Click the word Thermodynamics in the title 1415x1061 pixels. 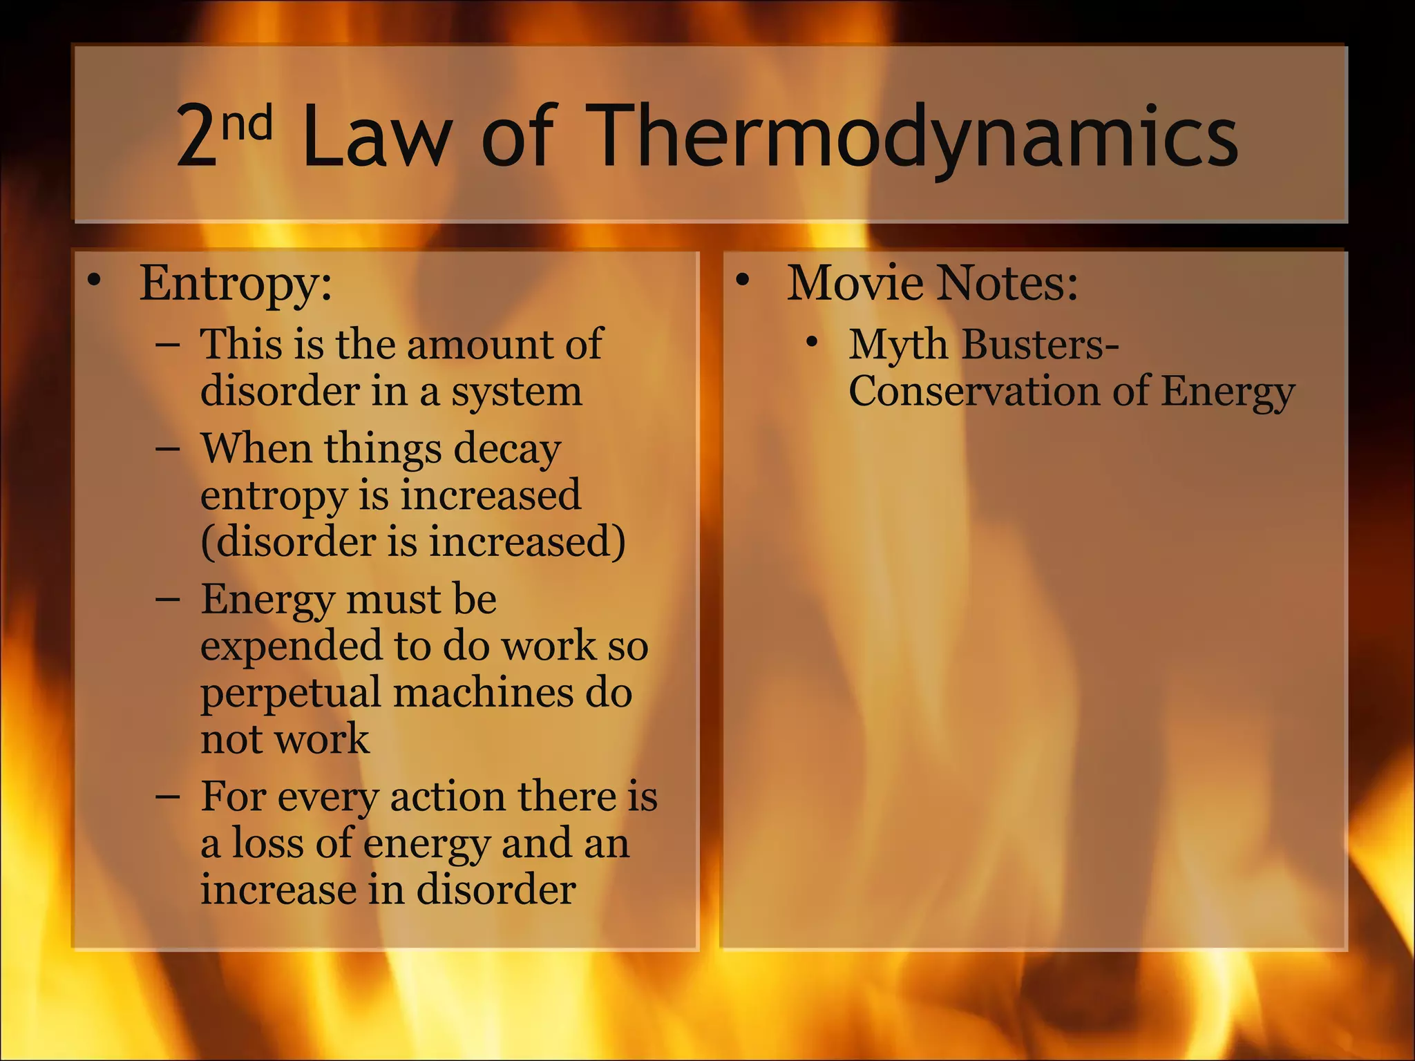(915, 135)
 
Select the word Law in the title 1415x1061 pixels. (377, 135)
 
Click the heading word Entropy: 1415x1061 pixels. (236, 283)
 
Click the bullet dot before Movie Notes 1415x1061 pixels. (743, 280)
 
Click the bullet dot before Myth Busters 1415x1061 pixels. (813, 341)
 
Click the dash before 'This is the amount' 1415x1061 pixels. (168, 343)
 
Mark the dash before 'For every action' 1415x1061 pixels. (168, 796)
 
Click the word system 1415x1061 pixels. (517, 392)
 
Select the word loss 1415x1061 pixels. (267, 843)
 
